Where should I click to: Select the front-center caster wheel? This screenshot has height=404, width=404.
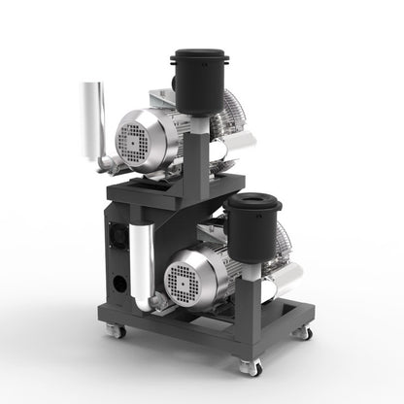252,367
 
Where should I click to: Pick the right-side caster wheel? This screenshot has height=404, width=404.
303,332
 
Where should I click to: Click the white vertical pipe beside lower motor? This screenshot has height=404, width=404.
141,258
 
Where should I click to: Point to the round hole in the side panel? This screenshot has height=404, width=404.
119,285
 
